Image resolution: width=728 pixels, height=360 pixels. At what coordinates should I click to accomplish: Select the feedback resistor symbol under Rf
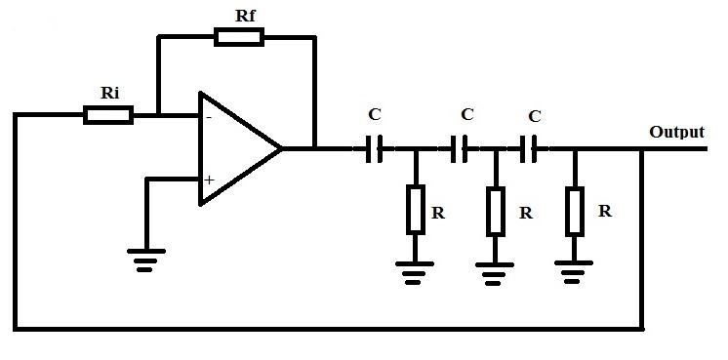point(238,37)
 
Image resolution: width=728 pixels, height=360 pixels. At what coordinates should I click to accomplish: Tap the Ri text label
point(110,92)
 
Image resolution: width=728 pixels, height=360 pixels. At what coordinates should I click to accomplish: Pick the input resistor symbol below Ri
point(108,115)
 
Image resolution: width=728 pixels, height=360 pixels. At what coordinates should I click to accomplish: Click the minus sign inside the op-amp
point(208,117)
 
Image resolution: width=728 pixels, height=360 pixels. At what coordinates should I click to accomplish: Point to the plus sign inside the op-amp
point(209,180)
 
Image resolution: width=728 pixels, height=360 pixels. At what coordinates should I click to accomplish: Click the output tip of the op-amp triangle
point(281,148)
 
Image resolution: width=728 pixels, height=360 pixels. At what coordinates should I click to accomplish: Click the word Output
point(676,132)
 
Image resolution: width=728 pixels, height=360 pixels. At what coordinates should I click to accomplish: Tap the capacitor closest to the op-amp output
point(374,149)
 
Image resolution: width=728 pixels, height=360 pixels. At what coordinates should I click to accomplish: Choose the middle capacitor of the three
point(460,149)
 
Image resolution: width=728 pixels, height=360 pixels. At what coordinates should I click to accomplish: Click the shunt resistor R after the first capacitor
point(416,209)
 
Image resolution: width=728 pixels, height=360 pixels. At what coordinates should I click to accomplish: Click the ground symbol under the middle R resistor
point(496,265)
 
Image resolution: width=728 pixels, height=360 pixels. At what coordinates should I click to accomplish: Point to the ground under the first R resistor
point(416,265)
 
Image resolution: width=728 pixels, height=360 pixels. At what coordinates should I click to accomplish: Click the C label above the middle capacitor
point(466,114)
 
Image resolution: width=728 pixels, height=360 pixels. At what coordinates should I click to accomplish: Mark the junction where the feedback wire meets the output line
point(641,149)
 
